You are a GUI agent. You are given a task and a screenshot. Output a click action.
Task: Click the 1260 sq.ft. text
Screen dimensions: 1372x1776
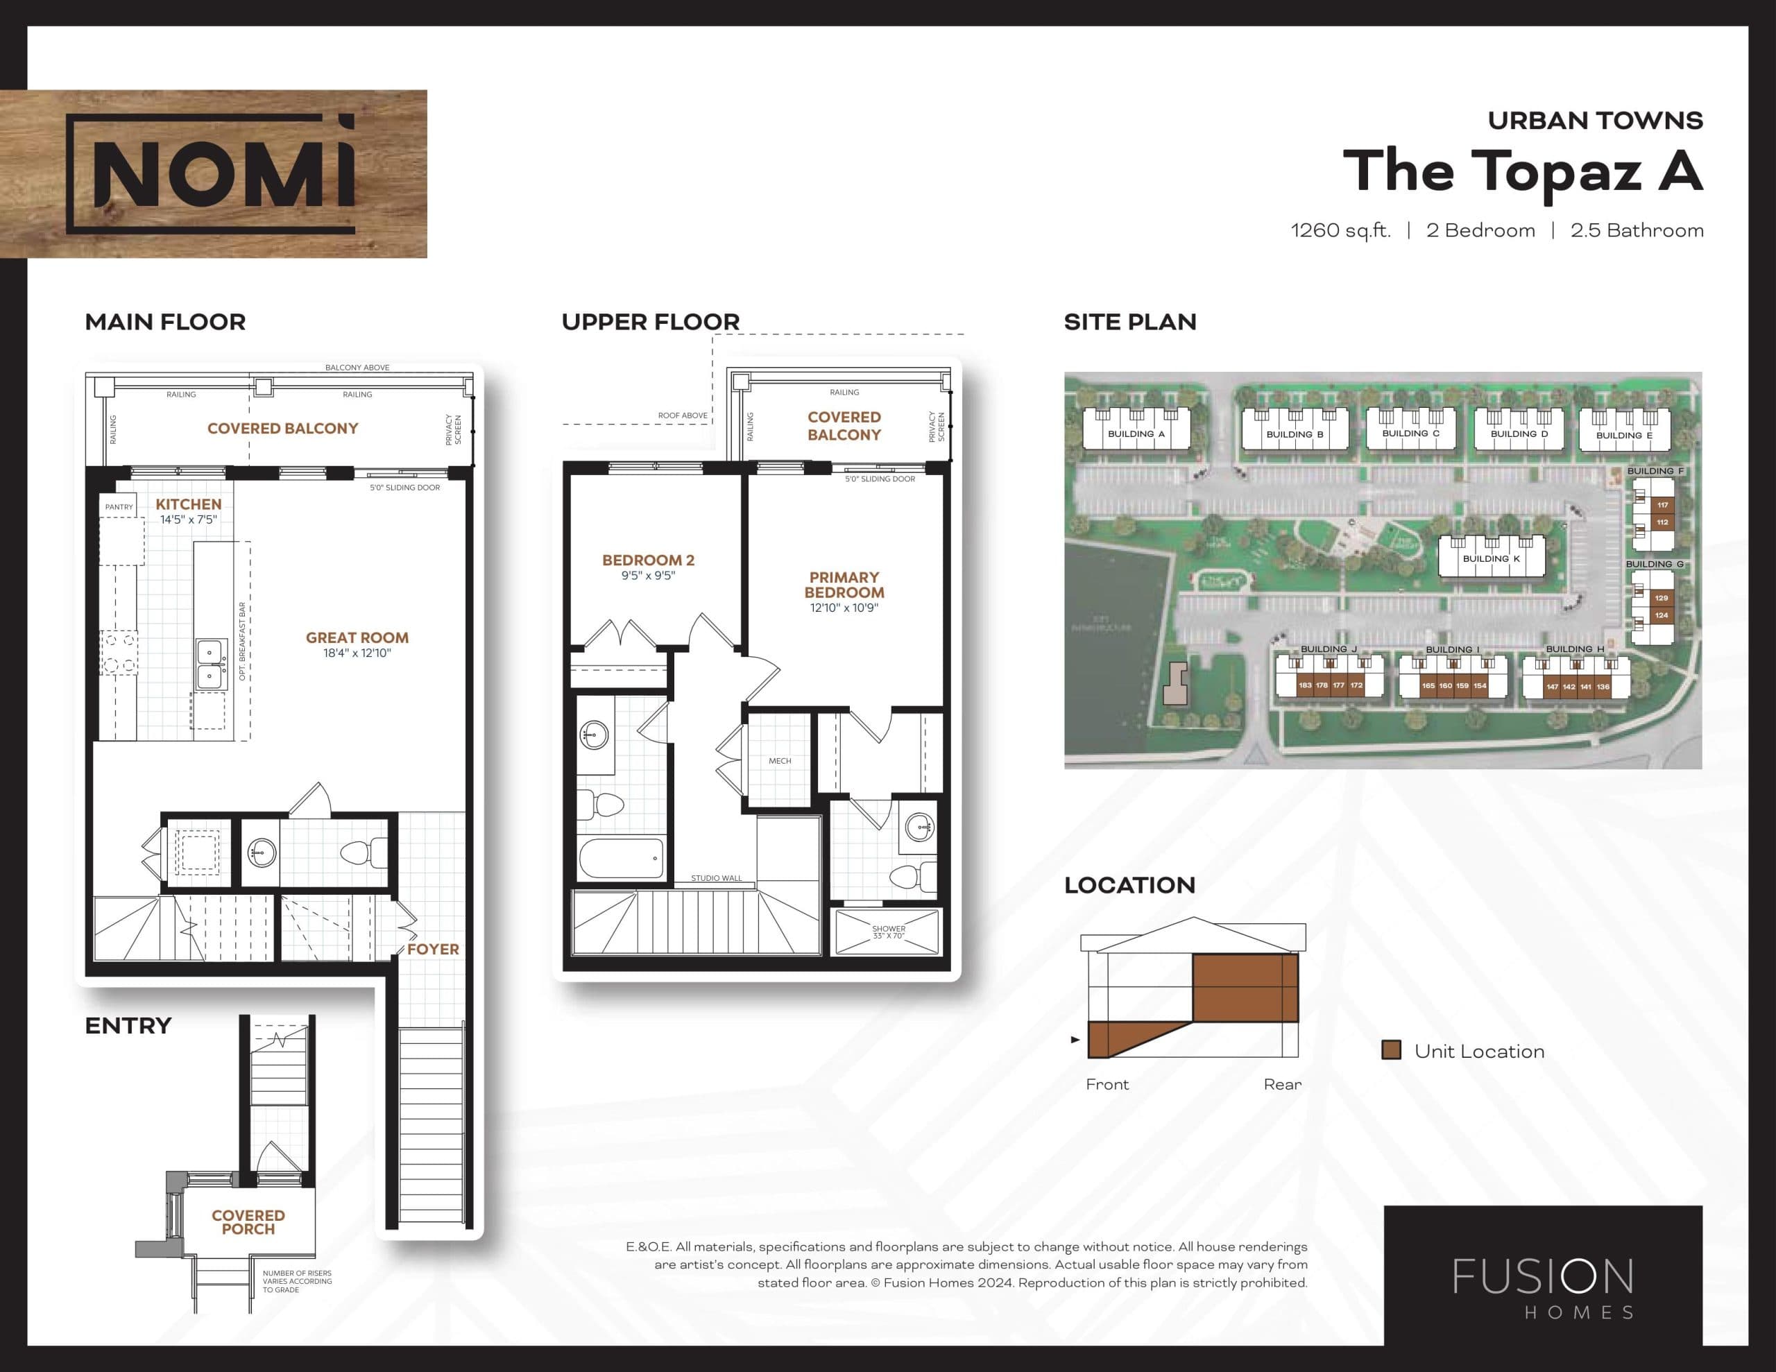click(x=1340, y=231)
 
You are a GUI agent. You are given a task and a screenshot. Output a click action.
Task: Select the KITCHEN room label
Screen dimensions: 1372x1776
click(x=189, y=504)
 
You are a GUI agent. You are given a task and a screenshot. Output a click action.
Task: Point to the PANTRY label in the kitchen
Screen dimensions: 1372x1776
click(x=119, y=506)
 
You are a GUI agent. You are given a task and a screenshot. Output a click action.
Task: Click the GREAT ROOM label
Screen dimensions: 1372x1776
click(x=357, y=638)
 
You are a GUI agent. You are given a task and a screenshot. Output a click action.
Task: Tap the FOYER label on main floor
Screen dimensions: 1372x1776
click(x=433, y=949)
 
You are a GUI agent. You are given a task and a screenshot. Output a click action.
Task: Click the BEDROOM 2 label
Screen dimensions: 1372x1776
click(x=648, y=560)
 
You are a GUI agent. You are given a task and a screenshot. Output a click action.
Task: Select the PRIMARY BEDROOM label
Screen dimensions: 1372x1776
click(x=844, y=585)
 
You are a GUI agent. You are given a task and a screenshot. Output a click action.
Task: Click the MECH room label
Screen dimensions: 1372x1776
click(x=780, y=761)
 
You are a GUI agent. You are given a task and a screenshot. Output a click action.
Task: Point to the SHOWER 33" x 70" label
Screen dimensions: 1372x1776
click(x=888, y=932)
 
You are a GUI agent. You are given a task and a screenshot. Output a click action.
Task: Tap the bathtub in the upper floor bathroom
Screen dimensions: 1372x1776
click(x=622, y=858)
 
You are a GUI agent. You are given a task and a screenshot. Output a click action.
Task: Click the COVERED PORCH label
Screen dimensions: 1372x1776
click(x=248, y=1221)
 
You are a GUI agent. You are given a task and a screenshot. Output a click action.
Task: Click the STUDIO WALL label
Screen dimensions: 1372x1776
click(x=717, y=878)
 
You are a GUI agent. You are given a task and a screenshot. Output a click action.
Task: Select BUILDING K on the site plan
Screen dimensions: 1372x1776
click(x=1491, y=559)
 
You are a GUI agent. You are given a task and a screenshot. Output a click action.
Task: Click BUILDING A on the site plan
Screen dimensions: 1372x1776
click(x=1136, y=434)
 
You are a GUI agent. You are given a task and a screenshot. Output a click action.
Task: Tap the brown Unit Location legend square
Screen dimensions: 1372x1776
click(x=1392, y=1050)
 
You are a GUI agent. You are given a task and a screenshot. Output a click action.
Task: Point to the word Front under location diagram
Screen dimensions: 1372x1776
click(x=1107, y=1084)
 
